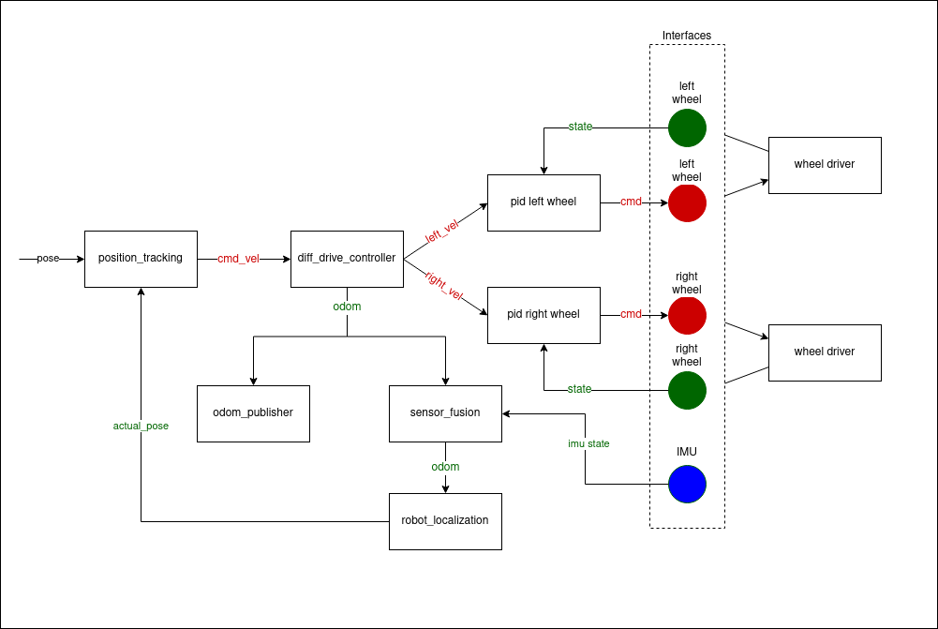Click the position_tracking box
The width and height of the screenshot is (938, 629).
(x=141, y=259)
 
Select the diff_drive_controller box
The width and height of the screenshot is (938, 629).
(x=347, y=259)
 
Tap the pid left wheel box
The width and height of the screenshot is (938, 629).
(x=543, y=202)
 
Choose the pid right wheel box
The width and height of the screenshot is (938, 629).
(x=543, y=315)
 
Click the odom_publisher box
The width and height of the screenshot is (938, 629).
(x=253, y=413)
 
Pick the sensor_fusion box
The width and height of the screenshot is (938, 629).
(x=445, y=413)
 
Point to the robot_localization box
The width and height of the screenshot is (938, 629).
(x=445, y=521)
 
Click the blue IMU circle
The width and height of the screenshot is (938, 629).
(x=687, y=485)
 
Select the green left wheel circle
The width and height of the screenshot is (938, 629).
(x=687, y=127)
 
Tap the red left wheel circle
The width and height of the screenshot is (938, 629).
(x=687, y=202)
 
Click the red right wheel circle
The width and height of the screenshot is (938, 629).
(x=687, y=316)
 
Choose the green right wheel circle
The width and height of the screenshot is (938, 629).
(x=687, y=390)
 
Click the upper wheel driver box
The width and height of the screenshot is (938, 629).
(x=825, y=165)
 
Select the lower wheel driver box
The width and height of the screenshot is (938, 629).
(x=825, y=352)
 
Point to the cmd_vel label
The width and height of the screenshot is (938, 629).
(x=238, y=259)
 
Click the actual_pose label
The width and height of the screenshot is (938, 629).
(x=141, y=426)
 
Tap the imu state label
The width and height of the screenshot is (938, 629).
(x=588, y=443)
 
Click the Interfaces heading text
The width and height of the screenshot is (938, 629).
(x=687, y=36)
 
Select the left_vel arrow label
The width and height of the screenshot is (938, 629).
(x=442, y=232)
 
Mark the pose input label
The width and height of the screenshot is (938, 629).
(x=48, y=259)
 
